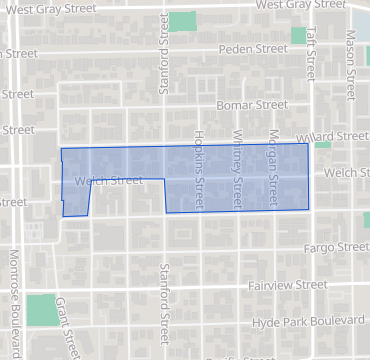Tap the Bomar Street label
(x=251, y=104)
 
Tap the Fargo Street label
(x=337, y=246)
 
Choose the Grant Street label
(x=67, y=325)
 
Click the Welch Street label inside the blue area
(x=108, y=181)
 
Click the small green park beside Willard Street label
(x=322, y=146)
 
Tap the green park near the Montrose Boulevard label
(x=41, y=309)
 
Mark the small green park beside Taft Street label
(x=298, y=35)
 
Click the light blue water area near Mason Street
(x=361, y=22)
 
